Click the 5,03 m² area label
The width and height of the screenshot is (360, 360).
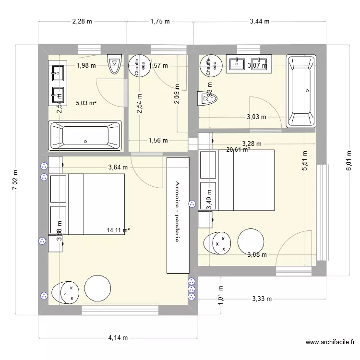pyautogui.click(x=86, y=102)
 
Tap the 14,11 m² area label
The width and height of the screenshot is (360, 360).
pyautogui.click(x=119, y=230)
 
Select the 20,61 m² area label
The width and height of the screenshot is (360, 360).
pyautogui.click(x=238, y=150)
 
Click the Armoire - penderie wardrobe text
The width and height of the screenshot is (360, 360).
pyautogui.click(x=177, y=211)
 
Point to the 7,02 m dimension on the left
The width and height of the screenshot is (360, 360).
pyautogui.click(x=15, y=180)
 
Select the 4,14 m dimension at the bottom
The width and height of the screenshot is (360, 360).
pyautogui.click(x=117, y=337)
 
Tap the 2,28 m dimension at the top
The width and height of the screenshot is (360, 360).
pyautogui.click(x=82, y=21)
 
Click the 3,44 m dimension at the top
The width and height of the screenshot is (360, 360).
pyautogui.click(x=260, y=21)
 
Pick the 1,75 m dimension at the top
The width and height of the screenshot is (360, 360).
pyautogui.click(x=160, y=21)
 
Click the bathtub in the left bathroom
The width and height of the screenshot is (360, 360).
pyautogui.click(x=85, y=135)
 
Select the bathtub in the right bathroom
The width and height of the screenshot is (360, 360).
pyautogui.click(x=301, y=91)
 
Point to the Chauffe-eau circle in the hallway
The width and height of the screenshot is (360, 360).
pyautogui.click(x=138, y=65)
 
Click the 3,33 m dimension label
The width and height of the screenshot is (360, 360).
pyautogui.click(x=262, y=299)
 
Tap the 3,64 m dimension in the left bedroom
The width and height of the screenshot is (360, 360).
pyautogui.click(x=118, y=168)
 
